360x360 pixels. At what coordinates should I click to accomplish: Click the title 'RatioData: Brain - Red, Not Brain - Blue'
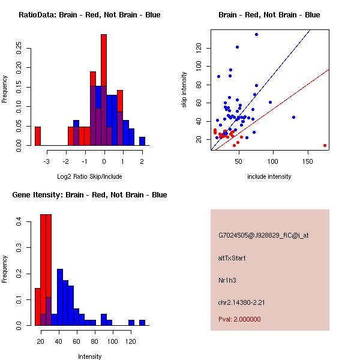tap(89, 15)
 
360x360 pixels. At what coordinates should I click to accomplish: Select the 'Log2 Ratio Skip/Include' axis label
tap(89, 176)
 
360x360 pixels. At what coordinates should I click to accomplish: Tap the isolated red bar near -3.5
tap(38, 136)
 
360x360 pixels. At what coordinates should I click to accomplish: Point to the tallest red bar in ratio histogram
tap(104, 90)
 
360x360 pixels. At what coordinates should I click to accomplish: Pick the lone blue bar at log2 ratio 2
tap(142, 142)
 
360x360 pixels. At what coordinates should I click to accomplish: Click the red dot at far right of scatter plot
tap(325, 145)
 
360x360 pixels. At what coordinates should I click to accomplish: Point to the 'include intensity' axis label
tap(269, 176)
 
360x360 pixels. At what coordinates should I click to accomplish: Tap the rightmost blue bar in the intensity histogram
tap(142, 323)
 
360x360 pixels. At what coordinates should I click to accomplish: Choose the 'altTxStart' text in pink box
tap(232, 258)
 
